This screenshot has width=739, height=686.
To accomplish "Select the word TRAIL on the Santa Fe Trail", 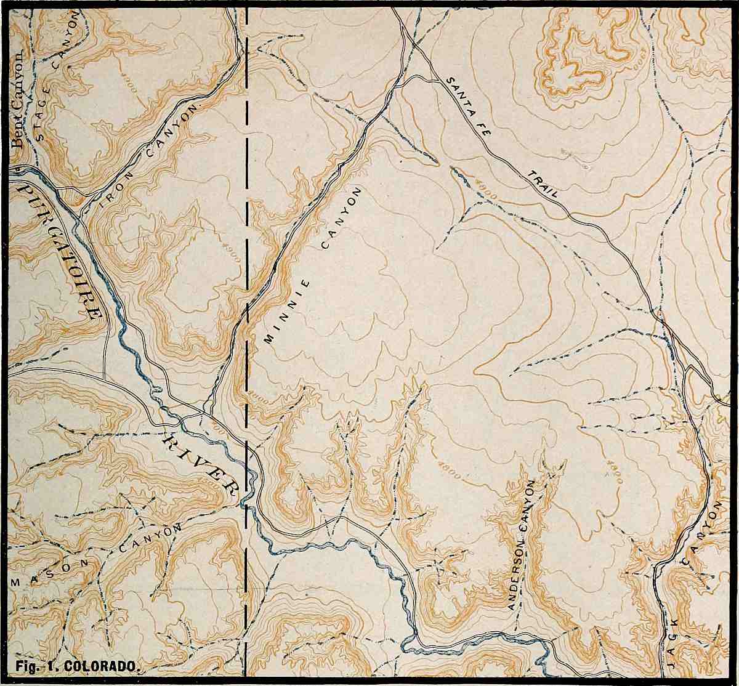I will click(x=543, y=184).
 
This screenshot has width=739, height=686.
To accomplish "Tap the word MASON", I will click(x=52, y=573).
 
